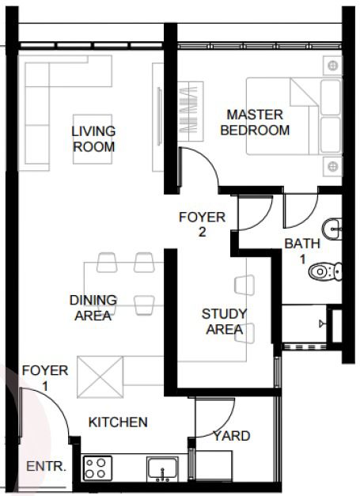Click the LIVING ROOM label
[93, 139]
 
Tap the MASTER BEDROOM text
[255, 123]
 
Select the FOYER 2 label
[202, 225]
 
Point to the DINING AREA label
[93, 308]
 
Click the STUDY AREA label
[224, 321]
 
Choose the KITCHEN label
[118, 422]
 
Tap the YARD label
[232, 436]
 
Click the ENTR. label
[47, 466]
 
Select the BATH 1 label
[302, 251]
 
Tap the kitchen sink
[163, 469]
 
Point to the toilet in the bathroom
[325, 271]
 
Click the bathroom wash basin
[332, 229]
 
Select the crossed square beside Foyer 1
[100, 377]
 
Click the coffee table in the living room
[93, 139]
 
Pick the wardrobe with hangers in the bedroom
[191, 112]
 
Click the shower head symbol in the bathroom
[322, 324]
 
